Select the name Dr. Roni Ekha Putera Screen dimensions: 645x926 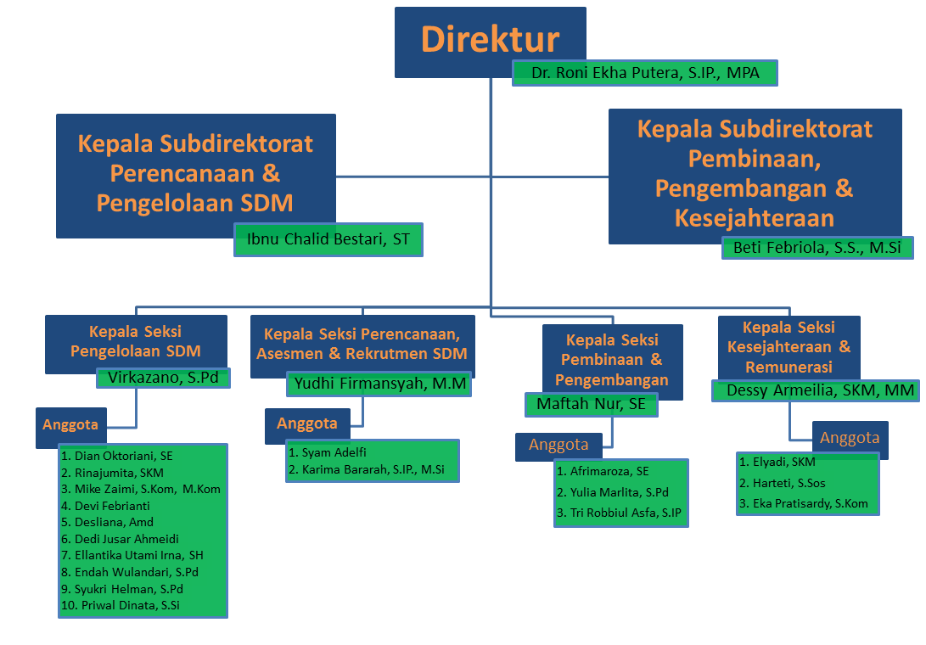click(x=645, y=73)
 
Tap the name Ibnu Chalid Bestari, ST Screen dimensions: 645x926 click(x=328, y=239)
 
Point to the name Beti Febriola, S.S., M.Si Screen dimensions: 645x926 click(x=817, y=248)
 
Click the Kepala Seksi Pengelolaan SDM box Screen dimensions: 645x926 click(x=136, y=341)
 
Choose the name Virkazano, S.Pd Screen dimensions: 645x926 click(x=163, y=379)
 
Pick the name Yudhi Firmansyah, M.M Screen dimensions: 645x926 click(x=379, y=384)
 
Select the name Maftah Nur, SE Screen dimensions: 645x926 click(x=591, y=405)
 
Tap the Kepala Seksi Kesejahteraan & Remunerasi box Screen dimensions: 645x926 click(x=789, y=346)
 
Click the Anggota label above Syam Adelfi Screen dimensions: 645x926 click(x=307, y=423)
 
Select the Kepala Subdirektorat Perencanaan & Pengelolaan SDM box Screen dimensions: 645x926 click(x=195, y=173)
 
